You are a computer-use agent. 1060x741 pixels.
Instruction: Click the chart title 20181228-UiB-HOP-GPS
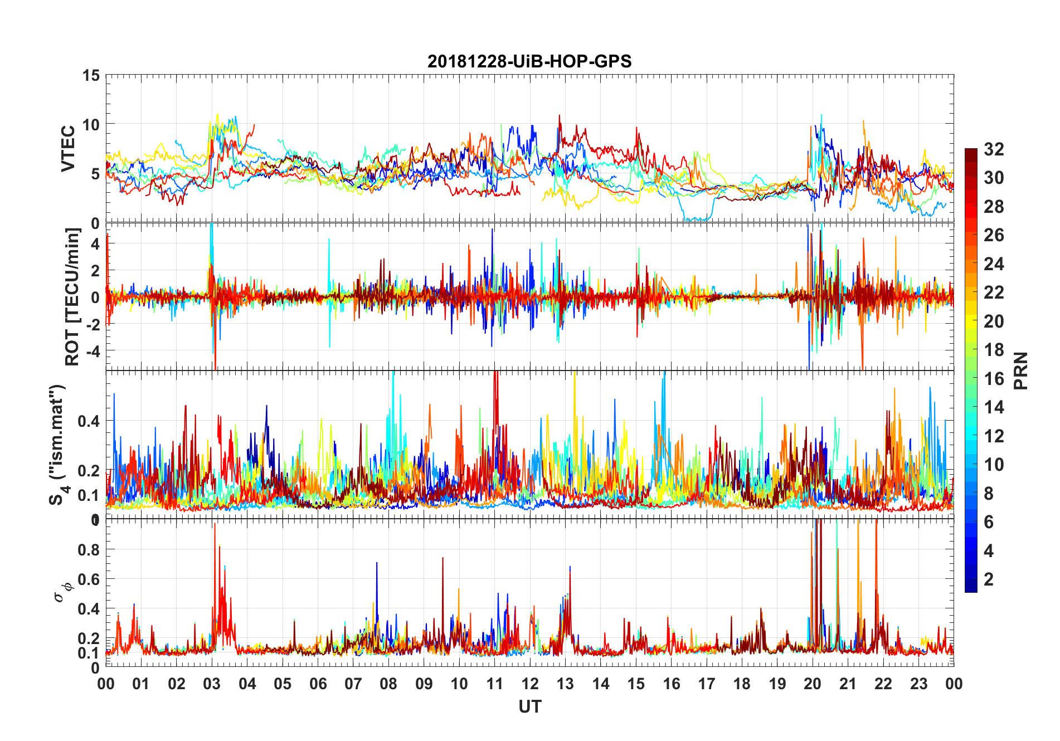(x=529, y=61)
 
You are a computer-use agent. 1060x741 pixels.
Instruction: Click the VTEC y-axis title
(x=68, y=149)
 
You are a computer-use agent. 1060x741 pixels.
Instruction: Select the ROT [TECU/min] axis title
(x=72, y=296)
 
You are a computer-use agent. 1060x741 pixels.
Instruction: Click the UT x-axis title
(x=529, y=706)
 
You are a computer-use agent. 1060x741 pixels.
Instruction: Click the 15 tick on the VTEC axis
(x=91, y=75)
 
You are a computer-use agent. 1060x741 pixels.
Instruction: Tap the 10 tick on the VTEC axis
(x=91, y=124)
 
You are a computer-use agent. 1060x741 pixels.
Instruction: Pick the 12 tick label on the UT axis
(x=530, y=684)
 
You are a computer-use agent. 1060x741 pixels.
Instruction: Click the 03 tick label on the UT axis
(x=212, y=684)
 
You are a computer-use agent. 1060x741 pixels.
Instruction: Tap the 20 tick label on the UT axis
(x=813, y=684)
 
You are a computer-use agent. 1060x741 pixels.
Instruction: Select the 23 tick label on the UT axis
(x=918, y=684)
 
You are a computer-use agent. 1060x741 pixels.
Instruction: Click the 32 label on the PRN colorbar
(x=994, y=149)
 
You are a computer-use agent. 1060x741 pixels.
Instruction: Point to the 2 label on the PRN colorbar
(x=989, y=579)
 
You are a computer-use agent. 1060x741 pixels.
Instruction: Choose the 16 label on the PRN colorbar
(x=994, y=379)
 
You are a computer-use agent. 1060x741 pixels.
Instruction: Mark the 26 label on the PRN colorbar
(x=994, y=235)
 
